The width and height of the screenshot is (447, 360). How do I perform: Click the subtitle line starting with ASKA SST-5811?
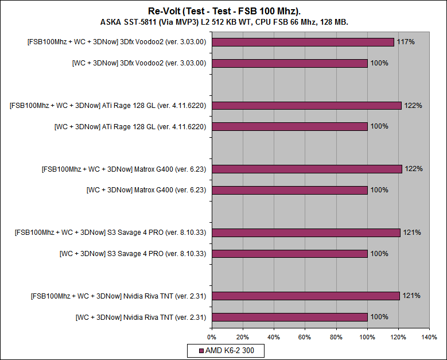[x=223, y=22]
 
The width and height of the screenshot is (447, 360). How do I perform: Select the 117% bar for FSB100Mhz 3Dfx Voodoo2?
[x=303, y=42]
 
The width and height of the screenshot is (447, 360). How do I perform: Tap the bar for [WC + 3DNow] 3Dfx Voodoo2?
[x=290, y=63]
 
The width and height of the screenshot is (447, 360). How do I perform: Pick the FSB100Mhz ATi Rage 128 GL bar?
[x=306, y=106]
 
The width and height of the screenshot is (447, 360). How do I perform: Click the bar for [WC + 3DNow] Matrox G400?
[x=290, y=190]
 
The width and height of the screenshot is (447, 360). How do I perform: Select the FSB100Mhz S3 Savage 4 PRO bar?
[x=306, y=233]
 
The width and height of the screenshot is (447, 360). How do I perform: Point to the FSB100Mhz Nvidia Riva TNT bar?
[x=306, y=296]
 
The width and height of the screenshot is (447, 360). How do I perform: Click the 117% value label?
[x=406, y=42]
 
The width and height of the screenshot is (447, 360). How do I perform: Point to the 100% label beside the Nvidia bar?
[x=379, y=317]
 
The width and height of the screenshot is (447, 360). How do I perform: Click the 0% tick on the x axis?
[x=212, y=337]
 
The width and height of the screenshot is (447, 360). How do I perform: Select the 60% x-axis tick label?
[x=305, y=337]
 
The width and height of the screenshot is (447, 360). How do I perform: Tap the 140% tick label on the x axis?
[x=429, y=337]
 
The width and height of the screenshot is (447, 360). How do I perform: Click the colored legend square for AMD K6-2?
[x=200, y=350]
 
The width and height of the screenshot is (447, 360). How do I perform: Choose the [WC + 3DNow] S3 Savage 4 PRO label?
[x=133, y=254]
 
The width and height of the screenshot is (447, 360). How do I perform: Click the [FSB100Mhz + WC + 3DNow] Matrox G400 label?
[x=124, y=169]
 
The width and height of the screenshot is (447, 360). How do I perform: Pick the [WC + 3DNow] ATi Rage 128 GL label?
[x=130, y=126]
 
